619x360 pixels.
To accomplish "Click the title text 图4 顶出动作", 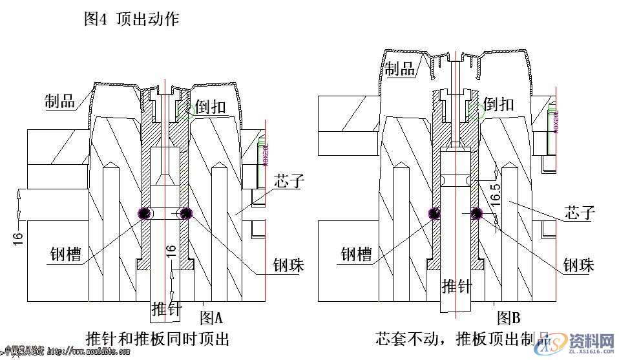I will (x=132, y=19).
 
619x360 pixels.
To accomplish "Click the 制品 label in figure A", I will (x=59, y=101).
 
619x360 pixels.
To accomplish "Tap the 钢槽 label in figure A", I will (x=66, y=254).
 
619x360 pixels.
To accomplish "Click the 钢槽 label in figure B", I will (x=357, y=254).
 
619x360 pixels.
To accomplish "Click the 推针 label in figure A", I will (x=166, y=309).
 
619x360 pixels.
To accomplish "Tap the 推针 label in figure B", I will (x=457, y=285).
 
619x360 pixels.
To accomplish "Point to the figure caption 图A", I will (x=211, y=318).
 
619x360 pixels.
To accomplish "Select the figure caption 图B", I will (x=509, y=317).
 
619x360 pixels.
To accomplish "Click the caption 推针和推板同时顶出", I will (x=157, y=338).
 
